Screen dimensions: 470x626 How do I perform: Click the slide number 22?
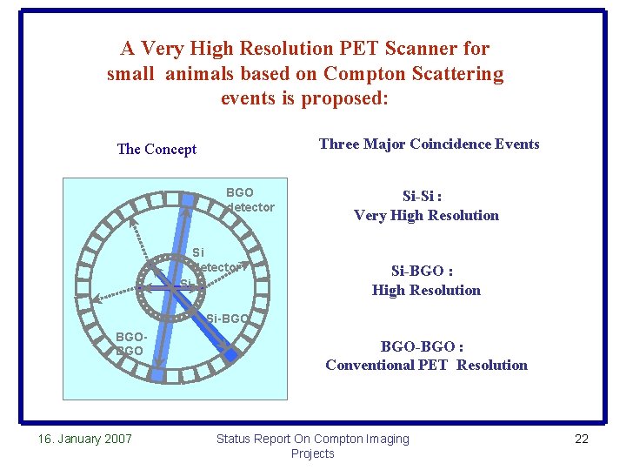point(582,439)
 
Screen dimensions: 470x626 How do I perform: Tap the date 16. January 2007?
point(85,439)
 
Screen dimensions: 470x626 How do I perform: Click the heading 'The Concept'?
point(156,149)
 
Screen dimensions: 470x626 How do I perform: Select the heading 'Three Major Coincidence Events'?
point(429,144)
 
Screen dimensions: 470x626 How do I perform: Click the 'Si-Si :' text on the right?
point(426,197)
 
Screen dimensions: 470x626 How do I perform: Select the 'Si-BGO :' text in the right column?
point(426,272)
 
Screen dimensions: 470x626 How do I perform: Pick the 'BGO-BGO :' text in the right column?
point(426,346)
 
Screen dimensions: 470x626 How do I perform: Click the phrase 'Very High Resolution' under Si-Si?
point(426,216)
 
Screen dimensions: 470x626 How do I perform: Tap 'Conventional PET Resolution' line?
point(426,366)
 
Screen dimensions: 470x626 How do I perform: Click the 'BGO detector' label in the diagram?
point(249,199)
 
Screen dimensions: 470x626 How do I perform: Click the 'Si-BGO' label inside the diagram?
point(229,319)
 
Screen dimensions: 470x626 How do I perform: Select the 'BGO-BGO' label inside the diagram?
point(129,342)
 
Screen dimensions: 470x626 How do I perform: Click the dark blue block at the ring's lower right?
point(231,355)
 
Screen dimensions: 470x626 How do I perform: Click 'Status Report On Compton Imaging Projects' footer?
point(312,446)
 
